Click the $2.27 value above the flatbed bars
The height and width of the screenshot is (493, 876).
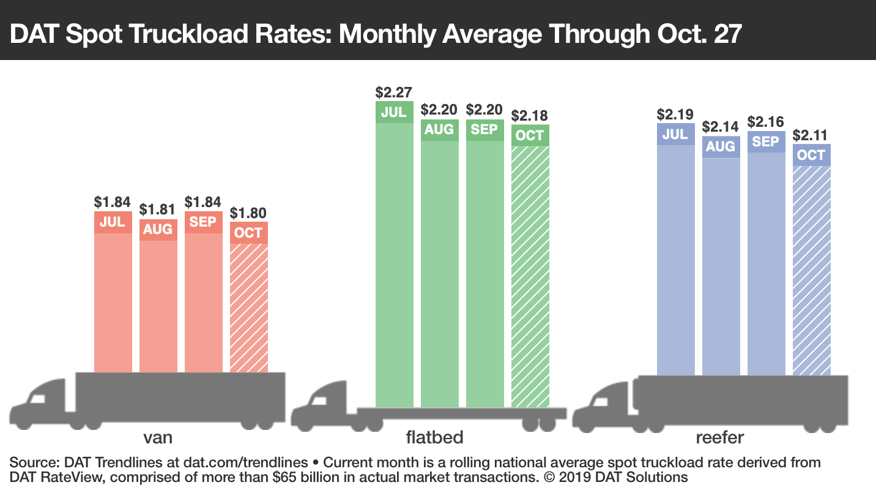394,92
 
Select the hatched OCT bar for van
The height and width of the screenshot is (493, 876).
248,306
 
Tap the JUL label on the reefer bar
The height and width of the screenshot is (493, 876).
675,134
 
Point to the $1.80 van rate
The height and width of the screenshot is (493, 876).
248,213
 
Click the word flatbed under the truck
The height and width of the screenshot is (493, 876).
434,437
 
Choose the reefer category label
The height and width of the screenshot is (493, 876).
719,437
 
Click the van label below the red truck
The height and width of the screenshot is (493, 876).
157,437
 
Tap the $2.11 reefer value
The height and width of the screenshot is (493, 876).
811,135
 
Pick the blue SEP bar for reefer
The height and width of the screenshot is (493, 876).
766,263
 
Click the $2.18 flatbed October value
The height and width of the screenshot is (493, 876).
530,116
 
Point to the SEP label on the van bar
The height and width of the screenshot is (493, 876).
203,222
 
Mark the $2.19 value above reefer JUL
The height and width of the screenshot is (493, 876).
675,115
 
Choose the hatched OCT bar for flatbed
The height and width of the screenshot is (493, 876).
530,276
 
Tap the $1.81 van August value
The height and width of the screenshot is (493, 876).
158,209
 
